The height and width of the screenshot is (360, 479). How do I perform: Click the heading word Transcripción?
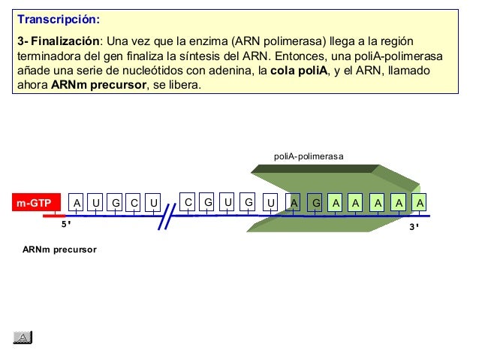(58, 18)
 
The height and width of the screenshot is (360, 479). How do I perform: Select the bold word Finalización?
(65, 40)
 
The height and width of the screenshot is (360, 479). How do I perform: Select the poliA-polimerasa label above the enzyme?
(309, 156)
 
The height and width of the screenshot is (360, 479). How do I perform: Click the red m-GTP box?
(35, 203)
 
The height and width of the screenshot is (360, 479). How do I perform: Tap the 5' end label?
(65, 223)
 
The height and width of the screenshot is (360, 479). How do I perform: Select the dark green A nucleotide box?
(295, 203)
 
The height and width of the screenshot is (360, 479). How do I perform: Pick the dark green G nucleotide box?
(316, 203)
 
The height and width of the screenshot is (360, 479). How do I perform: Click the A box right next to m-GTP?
(76, 203)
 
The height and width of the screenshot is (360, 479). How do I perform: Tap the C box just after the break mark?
(188, 202)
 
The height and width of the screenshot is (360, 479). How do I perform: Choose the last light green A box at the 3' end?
(420, 202)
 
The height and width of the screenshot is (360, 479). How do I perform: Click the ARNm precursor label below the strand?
(59, 248)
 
